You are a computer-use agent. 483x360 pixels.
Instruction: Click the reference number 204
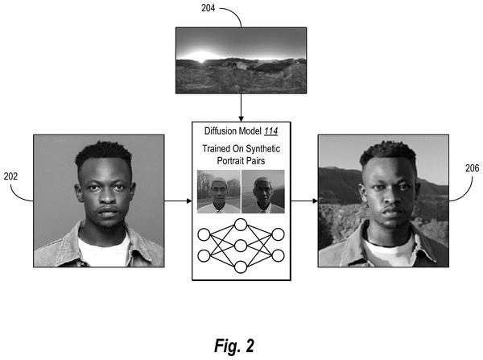point(208,8)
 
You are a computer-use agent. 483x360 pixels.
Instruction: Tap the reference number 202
point(10,176)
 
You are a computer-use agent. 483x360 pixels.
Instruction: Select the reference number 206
point(473,168)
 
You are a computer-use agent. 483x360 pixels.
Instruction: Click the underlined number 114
point(271,131)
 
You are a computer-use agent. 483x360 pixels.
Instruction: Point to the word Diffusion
point(221,131)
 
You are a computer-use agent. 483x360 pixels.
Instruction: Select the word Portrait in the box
point(229,161)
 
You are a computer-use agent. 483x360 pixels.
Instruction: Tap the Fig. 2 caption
point(234,346)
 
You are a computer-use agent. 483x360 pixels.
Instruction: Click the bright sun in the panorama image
point(201,56)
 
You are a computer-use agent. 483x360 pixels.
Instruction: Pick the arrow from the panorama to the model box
point(241,107)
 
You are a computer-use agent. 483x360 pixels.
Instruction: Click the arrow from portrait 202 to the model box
point(178,201)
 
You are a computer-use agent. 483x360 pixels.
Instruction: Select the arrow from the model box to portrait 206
point(304,201)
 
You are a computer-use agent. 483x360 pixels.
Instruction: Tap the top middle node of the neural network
point(241,225)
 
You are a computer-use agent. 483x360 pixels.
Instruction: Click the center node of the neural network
point(241,246)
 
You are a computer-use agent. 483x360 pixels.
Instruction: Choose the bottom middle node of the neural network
point(241,267)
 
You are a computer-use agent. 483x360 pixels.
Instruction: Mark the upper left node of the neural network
point(204,234)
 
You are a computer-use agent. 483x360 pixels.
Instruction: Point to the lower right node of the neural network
point(278,256)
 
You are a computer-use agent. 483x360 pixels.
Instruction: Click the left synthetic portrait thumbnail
point(219,192)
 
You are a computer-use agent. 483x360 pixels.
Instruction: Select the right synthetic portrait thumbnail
point(263,192)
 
